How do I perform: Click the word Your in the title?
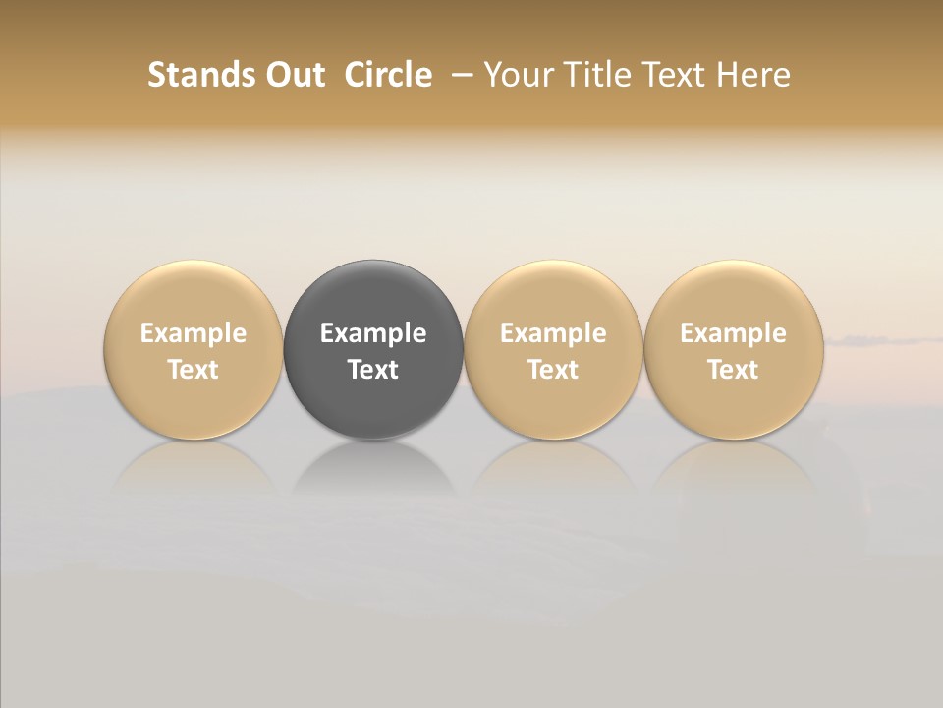[516, 75]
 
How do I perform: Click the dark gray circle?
[373, 295]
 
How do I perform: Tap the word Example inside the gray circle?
[373, 333]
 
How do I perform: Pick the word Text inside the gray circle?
[373, 370]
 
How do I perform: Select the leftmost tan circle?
[193, 295]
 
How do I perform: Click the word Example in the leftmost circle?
[193, 333]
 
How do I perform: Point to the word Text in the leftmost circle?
[193, 370]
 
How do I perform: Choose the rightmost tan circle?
[734, 295]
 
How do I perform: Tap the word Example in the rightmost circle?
[734, 333]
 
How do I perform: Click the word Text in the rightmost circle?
[734, 370]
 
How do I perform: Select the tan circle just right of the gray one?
[553, 295]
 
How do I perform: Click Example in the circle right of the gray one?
[553, 333]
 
